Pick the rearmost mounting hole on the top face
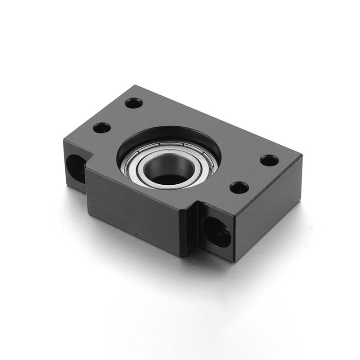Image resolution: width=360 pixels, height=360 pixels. point(134,103)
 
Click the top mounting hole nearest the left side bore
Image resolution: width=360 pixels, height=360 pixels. point(102,127)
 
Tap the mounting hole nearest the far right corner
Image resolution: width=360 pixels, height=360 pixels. point(269,160)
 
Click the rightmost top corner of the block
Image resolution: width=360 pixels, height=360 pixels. point(302,155)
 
